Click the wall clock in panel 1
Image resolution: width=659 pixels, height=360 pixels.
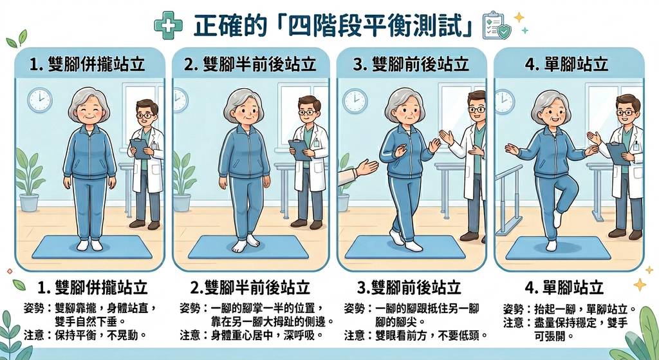tap(39, 100)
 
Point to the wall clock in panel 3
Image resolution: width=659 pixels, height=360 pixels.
tap(354, 100)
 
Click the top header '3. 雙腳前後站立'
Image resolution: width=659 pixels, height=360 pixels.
tap(411, 64)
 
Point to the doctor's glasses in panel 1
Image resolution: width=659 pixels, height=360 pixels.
tap(145, 116)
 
